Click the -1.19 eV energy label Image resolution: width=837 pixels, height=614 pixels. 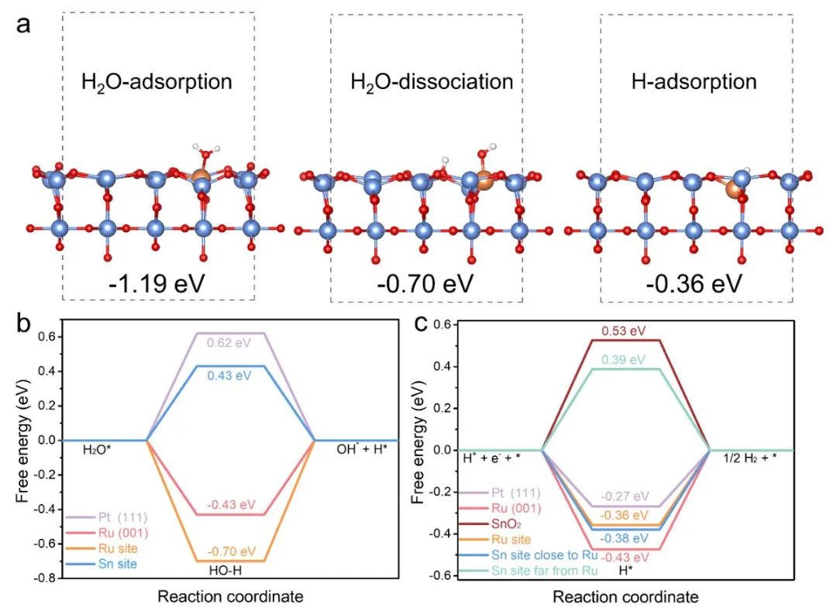(x=157, y=283)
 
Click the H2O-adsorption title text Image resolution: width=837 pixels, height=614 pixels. (x=157, y=81)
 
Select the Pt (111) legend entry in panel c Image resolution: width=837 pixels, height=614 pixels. (x=515, y=492)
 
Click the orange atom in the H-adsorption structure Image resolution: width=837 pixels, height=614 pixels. (x=733, y=189)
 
